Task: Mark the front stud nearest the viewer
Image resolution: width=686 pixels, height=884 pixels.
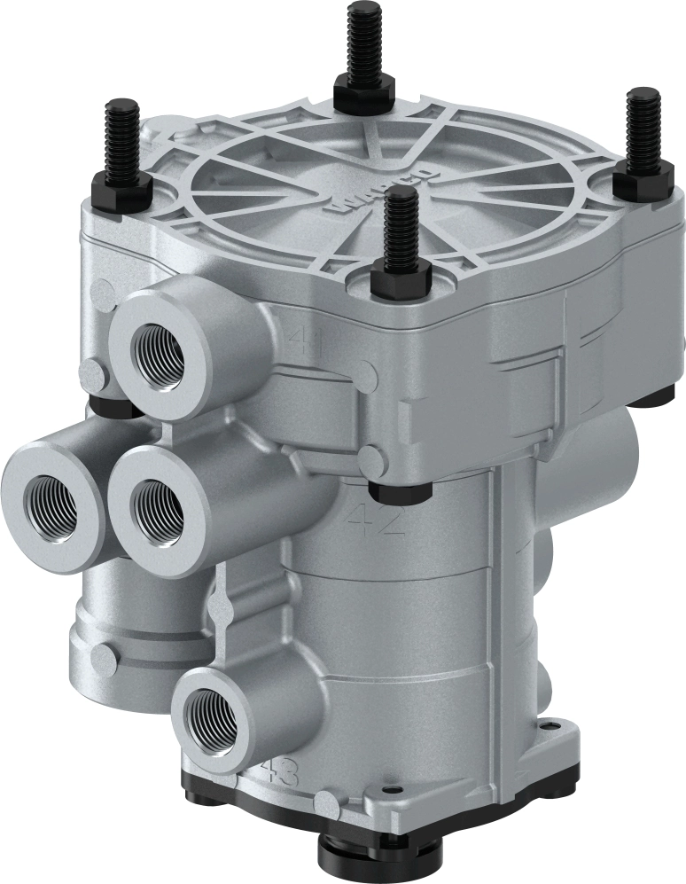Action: [x=400, y=234]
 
